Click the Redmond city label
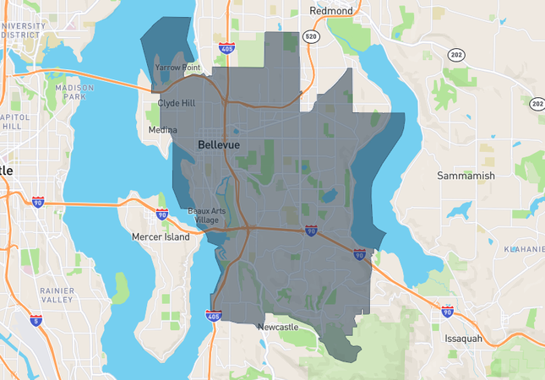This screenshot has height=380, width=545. point(331,10)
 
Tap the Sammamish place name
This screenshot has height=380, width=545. point(466,176)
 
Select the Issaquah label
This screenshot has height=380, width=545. point(463,339)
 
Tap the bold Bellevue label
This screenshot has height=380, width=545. point(219,145)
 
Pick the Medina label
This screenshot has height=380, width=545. point(162,130)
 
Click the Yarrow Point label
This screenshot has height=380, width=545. point(177,67)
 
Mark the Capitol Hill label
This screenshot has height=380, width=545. point(15,121)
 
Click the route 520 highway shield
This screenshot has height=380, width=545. point(311,37)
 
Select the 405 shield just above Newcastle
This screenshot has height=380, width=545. point(214,316)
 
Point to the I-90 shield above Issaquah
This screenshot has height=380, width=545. point(447,312)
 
